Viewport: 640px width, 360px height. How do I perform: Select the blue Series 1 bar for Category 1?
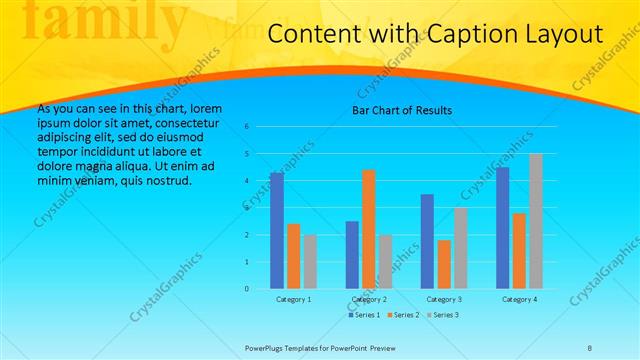pos(277,231)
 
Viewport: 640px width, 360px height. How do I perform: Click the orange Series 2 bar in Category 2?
pos(368,229)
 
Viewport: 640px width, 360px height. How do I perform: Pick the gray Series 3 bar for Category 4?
pos(536,221)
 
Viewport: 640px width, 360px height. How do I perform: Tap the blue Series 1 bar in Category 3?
pos(427,241)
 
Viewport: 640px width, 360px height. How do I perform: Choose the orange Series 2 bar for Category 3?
pos(444,264)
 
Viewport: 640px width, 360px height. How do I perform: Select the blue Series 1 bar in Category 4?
pos(503,228)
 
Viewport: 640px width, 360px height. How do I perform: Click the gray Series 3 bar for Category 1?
pos(310,261)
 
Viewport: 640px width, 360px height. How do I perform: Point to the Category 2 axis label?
pos(368,299)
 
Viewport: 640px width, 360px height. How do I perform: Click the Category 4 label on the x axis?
pos(519,299)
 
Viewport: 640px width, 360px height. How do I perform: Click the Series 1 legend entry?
pos(364,315)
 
